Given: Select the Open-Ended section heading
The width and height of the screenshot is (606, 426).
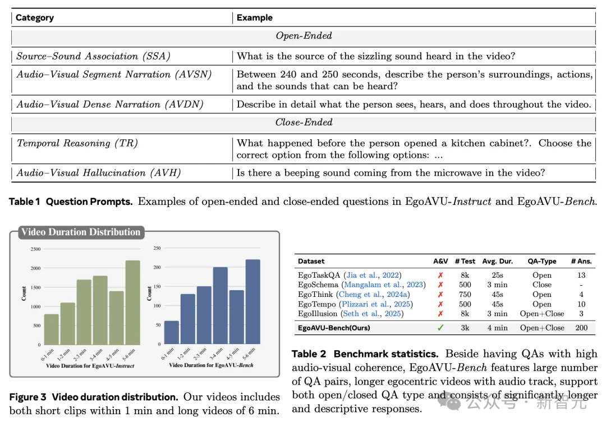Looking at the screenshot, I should (x=304, y=36).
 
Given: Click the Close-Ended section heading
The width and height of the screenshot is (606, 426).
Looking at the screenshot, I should (x=304, y=122).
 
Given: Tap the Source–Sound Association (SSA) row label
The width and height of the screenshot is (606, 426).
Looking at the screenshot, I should (x=93, y=56).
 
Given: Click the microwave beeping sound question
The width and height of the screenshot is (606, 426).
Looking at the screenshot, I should (x=391, y=173).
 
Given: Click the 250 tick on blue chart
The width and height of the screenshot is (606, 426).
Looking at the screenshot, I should (x=157, y=248).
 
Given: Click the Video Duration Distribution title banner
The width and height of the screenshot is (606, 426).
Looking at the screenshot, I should (x=80, y=232).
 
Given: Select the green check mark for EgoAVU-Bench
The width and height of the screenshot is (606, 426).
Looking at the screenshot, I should (x=440, y=328).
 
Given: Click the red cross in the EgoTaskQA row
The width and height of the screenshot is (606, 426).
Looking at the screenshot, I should (x=440, y=275).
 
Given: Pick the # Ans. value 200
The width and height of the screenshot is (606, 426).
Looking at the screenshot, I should (x=581, y=328).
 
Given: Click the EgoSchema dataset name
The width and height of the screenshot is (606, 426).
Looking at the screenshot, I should (x=318, y=285).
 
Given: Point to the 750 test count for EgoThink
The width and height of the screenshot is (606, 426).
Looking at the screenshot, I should (x=465, y=294).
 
